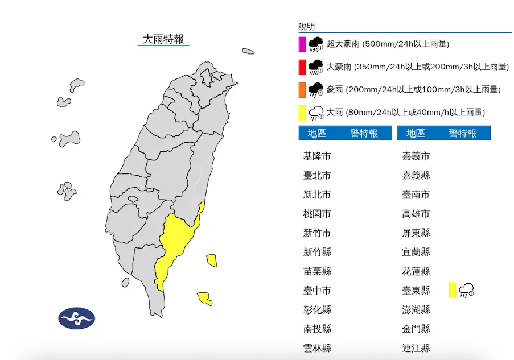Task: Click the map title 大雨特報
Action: (x=163, y=39)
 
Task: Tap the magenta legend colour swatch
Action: (x=302, y=44)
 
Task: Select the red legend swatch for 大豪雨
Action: (x=302, y=67)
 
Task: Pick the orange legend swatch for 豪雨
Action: (x=302, y=90)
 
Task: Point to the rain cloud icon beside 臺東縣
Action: (x=467, y=289)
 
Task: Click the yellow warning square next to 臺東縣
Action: (x=452, y=289)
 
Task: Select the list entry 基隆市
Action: (x=317, y=156)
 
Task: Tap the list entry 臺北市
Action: (x=317, y=176)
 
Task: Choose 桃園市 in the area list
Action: (x=317, y=214)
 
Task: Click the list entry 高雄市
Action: (x=416, y=214)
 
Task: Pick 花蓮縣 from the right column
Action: (x=416, y=271)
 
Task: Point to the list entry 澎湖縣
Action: (x=416, y=310)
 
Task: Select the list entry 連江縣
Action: (x=416, y=348)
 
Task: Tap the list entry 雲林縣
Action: (x=317, y=348)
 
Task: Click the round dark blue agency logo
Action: (x=76, y=318)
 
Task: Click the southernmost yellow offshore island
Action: (x=205, y=298)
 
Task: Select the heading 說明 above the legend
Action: (x=306, y=27)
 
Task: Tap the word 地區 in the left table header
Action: (x=317, y=133)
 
